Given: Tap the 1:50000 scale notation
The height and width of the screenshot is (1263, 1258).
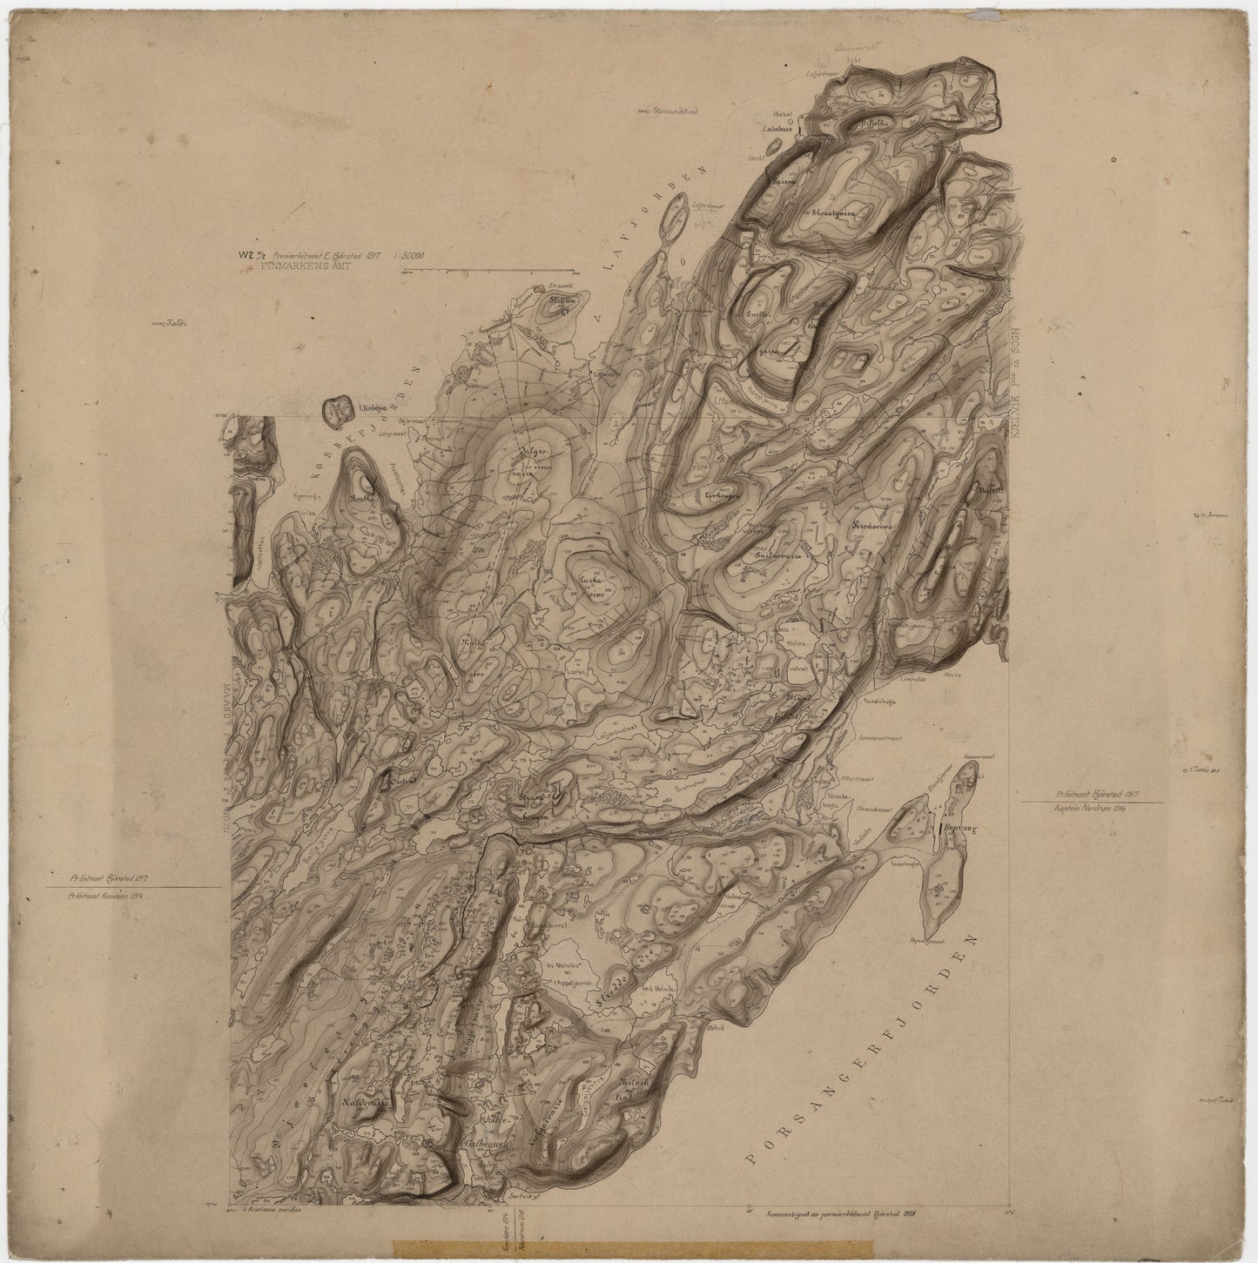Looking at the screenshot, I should (416, 256).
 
